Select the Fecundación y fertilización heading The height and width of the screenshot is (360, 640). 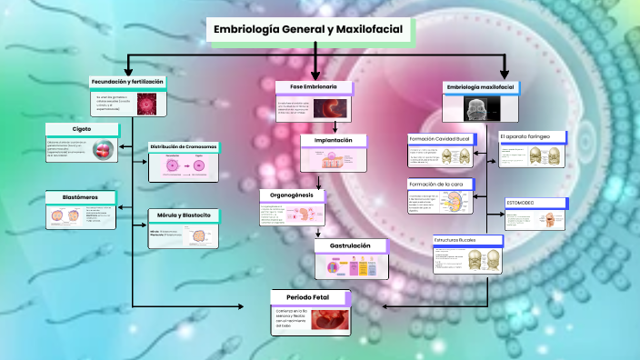[127, 82]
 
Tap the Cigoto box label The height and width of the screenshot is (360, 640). [82, 129]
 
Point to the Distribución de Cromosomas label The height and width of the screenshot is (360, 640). [184, 147]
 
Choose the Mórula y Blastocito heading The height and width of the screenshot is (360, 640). [184, 215]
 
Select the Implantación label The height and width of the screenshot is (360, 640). [334, 141]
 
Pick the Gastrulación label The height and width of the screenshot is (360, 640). [350, 245]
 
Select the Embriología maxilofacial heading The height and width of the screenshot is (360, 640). [480, 87]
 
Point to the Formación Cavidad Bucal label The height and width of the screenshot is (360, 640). [439, 138]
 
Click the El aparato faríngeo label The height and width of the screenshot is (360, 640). [525, 136]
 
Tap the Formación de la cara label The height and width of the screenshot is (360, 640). [436, 184]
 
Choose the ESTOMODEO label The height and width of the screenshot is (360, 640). [522, 202]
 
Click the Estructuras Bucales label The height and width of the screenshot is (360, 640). [455, 240]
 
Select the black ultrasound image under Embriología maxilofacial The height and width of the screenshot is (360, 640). [476, 109]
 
